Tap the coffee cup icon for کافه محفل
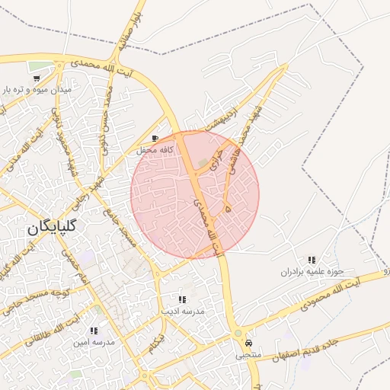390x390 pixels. pyautogui.click(x=156, y=139)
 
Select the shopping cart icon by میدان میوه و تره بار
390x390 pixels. pyautogui.click(x=37, y=78)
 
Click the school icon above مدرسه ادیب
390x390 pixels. pyautogui.click(x=181, y=299)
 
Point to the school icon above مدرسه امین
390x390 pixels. pyautogui.click(x=94, y=331)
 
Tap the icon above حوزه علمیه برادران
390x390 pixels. pyautogui.click(x=311, y=261)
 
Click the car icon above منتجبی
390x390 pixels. pyautogui.click(x=248, y=343)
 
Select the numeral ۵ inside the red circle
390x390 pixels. pyautogui.click(x=228, y=206)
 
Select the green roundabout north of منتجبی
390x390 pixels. pyautogui.click(x=238, y=334)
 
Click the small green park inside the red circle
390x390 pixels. pyautogui.click(x=203, y=163)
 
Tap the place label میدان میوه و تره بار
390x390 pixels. pyautogui.click(x=38, y=90)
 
